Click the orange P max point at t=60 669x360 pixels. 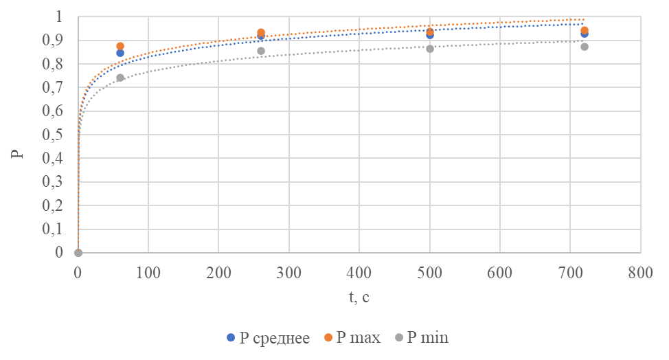tap(120, 46)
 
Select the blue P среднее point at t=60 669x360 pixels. tap(120, 53)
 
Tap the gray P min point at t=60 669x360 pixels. tap(120, 78)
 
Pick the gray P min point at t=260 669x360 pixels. tap(261, 51)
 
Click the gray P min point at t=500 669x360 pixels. tap(430, 49)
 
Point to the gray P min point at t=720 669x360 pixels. tap(585, 47)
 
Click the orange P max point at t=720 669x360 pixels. tap(585, 30)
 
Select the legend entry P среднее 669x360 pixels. tap(269, 338)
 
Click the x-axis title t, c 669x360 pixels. tap(359, 297)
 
